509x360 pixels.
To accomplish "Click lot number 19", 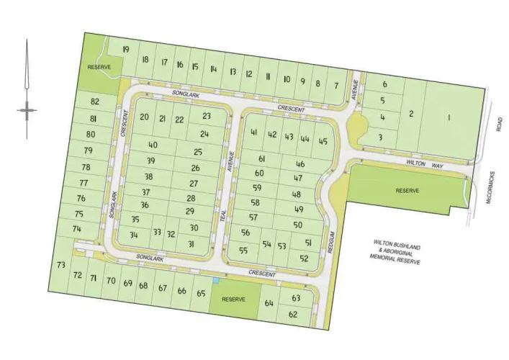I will point(126,49).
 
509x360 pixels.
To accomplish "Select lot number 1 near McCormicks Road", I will point(449,117).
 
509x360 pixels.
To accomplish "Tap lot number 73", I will point(60,266).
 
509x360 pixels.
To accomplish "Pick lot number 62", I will point(293,315).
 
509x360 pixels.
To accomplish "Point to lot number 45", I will point(323,141).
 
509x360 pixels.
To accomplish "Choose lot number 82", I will point(95,102).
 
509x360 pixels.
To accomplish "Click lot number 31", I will point(191,244).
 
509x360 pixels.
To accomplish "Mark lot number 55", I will point(243,251).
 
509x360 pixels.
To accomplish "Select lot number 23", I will point(207,116).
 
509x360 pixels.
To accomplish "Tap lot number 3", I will point(379,137).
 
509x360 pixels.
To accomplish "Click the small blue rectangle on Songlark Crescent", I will point(215,280).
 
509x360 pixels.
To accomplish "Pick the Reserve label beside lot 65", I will point(234,299).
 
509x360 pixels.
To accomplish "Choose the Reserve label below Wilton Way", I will point(407,191).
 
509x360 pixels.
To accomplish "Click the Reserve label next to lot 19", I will point(99,67).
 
